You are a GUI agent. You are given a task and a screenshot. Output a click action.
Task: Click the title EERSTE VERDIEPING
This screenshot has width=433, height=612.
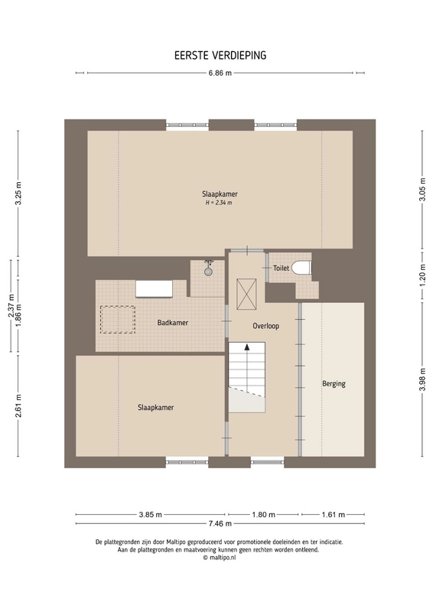pos(220,55)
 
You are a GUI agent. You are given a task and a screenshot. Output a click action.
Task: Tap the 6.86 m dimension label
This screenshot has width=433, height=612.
pos(220,73)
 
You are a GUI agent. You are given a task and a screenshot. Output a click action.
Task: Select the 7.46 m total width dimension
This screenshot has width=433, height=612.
pos(220,523)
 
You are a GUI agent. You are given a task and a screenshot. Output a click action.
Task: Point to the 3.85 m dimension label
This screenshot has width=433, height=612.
pos(150,514)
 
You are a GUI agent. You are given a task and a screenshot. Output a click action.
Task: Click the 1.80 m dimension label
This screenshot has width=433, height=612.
pos(263,514)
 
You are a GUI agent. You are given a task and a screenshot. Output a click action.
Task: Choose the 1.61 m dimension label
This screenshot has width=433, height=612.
pos(334,514)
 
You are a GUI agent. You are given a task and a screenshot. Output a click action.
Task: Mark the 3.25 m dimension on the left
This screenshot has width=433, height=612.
pos(18,194)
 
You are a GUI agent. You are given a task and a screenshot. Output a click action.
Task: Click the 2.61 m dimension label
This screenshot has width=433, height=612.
pos(18,406)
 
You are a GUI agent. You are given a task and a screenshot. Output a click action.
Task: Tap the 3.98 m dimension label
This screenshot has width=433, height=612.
pos(422,379)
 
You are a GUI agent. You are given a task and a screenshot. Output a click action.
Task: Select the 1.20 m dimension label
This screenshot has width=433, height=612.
pos(422,276)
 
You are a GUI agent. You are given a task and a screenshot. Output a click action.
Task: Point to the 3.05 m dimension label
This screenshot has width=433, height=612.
pos(422,189)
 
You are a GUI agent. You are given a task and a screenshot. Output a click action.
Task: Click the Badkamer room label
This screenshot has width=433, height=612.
pos(173,322)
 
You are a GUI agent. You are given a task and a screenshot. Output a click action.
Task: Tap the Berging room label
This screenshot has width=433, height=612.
pos(334,384)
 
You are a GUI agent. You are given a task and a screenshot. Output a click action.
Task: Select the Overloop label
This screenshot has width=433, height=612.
pos(266,326)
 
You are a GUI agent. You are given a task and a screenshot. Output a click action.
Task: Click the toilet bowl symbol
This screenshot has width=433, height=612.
pos(301,268)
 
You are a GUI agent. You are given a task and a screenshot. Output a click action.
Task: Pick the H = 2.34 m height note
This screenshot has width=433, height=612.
pos(219,203)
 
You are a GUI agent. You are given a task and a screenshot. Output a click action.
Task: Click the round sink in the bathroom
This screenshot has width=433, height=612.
pos(209,272)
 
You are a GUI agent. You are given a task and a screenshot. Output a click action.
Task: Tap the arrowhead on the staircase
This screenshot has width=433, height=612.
pos(247,347)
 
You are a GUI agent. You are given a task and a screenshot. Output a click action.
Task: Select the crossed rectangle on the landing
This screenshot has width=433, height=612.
pos(246,295)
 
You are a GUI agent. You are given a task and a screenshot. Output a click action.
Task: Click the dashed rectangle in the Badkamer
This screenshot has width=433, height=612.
pos(118,320)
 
